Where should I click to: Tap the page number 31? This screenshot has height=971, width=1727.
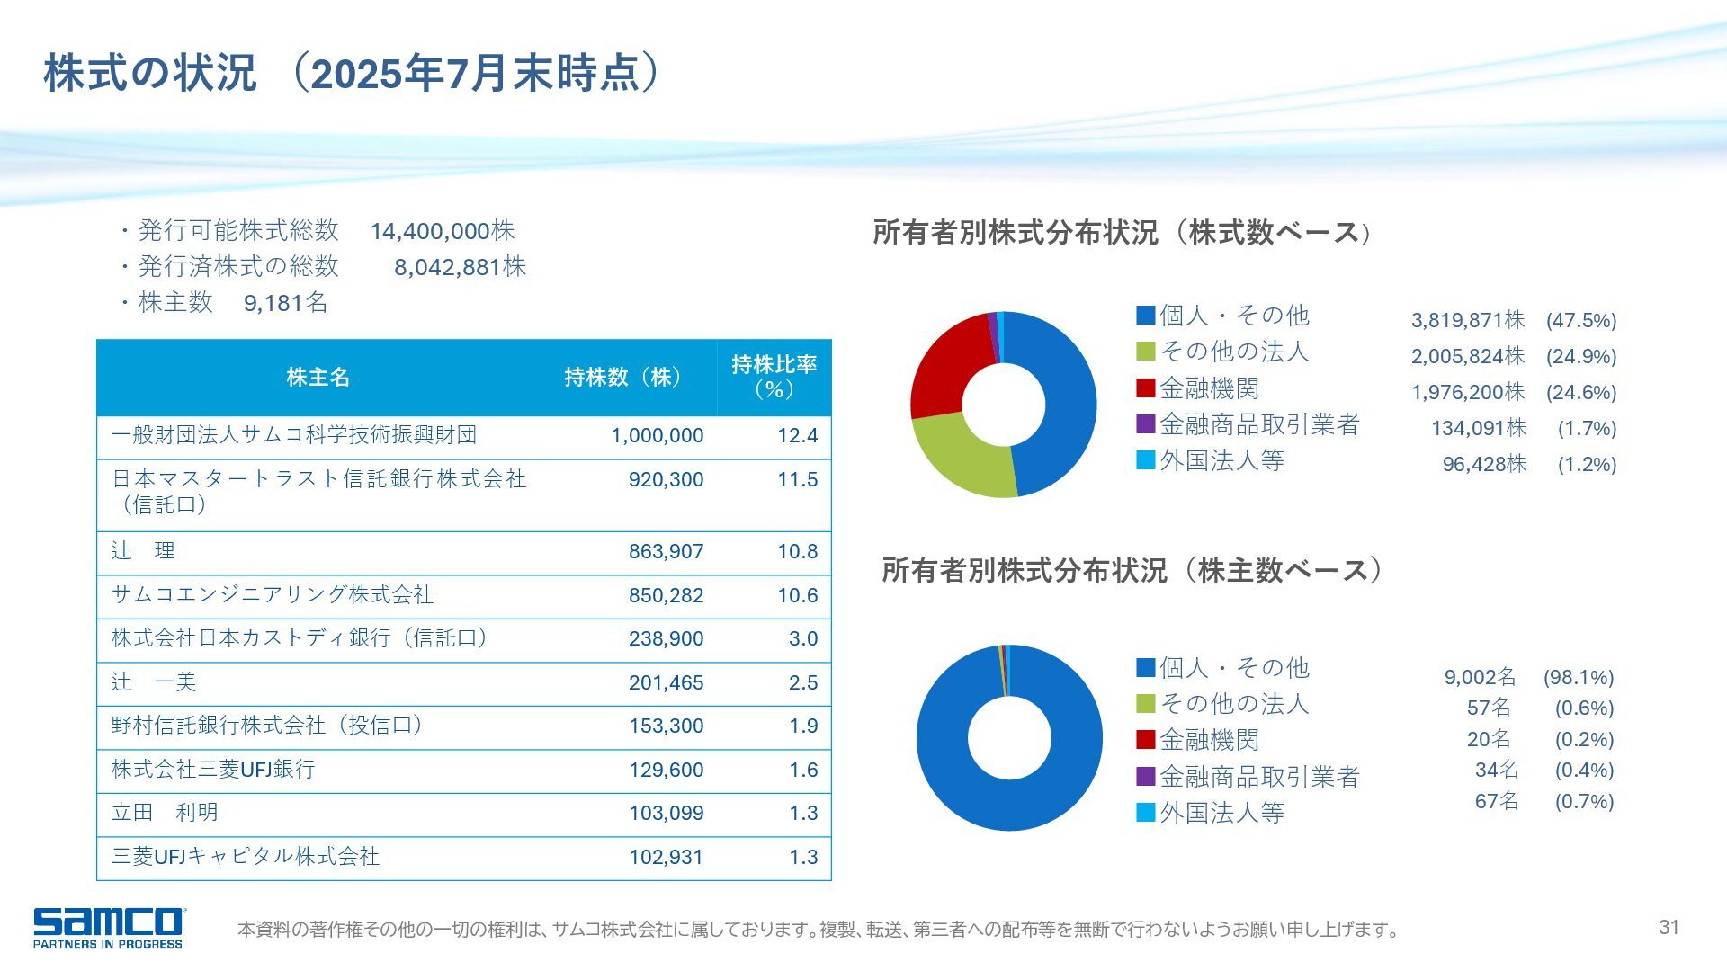(x=1669, y=927)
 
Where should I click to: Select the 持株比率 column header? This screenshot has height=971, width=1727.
(x=774, y=377)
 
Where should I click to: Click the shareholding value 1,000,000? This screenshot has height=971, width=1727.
(x=657, y=436)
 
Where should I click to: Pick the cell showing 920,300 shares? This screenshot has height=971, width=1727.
(x=666, y=480)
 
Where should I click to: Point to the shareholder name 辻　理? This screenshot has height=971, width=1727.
(x=143, y=551)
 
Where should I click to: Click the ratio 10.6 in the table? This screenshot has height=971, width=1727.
(x=797, y=595)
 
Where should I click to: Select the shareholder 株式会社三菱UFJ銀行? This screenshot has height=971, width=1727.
(x=213, y=770)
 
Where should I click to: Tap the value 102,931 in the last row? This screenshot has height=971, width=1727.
(x=666, y=857)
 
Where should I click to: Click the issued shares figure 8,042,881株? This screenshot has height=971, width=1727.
(x=460, y=267)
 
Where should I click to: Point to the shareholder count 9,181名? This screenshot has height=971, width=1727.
(x=285, y=303)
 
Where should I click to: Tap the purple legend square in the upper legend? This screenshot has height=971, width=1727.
(x=1145, y=424)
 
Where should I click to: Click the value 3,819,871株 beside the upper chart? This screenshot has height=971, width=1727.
(x=1467, y=320)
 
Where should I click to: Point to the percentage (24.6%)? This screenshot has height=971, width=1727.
(x=1580, y=392)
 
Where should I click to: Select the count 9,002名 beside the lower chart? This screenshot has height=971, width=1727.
(x=1480, y=677)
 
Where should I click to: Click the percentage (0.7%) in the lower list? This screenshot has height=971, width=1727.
(x=1584, y=801)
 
